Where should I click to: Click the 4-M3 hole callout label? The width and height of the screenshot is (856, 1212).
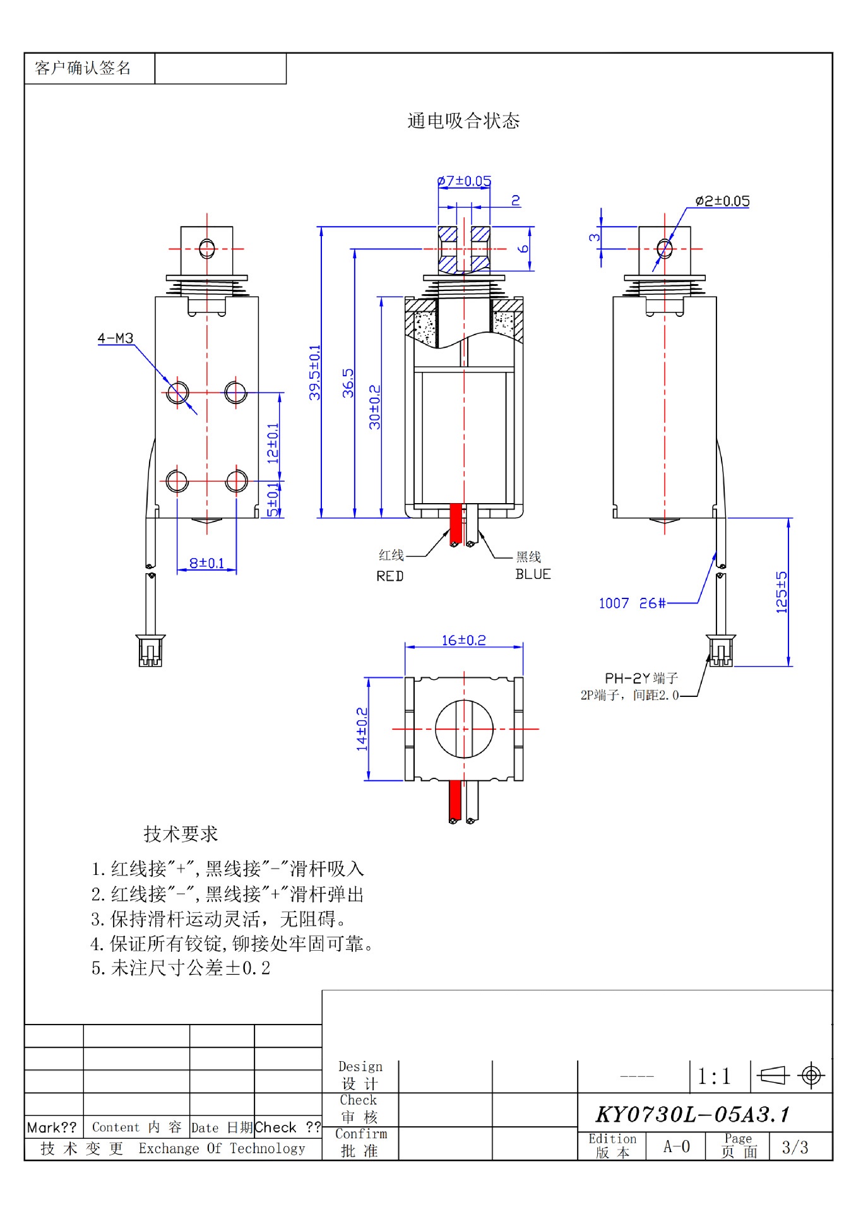[x=116, y=338]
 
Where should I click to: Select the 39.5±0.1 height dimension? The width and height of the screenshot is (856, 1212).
[x=314, y=372]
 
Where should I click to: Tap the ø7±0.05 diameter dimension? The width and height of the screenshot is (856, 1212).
[x=464, y=181]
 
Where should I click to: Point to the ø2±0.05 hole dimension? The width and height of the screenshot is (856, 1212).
[x=722, y=201]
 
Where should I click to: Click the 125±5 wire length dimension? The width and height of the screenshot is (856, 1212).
[x=782, y=592]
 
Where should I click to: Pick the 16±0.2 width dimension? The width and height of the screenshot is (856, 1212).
[x=463, y=640]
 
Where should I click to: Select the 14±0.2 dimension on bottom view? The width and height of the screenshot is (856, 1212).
[x=362, y=729]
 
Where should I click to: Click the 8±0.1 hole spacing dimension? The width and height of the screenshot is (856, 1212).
[x=207, y=562]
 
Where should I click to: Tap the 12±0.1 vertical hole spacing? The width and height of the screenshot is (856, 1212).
[x=273, y=443]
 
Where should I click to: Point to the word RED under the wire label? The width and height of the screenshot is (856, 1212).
[x=389, y=576]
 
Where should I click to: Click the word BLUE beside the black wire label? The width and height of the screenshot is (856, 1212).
[x=533, y=574]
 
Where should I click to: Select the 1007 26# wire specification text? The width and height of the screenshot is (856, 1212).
[x=632, y=603]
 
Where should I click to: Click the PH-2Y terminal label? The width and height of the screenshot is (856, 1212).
[x=641, y=678]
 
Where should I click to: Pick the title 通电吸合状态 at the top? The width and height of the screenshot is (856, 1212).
[x=463, y=121]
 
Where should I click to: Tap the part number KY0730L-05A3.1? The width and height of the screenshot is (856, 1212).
[x=693, y=1114]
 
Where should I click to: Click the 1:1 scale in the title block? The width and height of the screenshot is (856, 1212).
[x=714, y=1076]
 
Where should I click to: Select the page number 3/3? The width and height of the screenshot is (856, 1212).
[x=795, y=1147]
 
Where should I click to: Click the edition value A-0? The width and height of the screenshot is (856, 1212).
[x=676, y=1146]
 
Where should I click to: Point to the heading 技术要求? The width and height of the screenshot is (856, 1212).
[x=181, y=834]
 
